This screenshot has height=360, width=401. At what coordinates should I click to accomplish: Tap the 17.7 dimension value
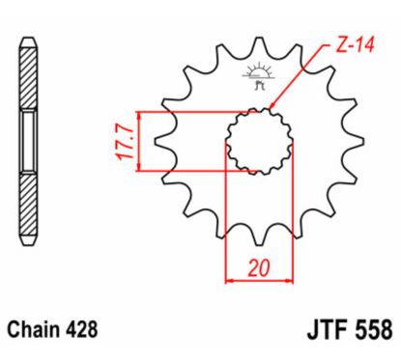click(x=123, y=142)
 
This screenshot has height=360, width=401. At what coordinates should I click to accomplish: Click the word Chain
click(x=38, y=330)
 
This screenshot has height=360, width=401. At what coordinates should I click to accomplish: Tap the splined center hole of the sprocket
click(x=259, y=142)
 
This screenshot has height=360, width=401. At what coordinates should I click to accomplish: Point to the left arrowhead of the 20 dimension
click(x=230, y=282)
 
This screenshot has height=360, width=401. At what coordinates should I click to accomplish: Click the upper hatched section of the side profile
click(x=29, y=77)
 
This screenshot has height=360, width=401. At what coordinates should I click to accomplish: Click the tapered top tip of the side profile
click(x=29, y=41)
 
